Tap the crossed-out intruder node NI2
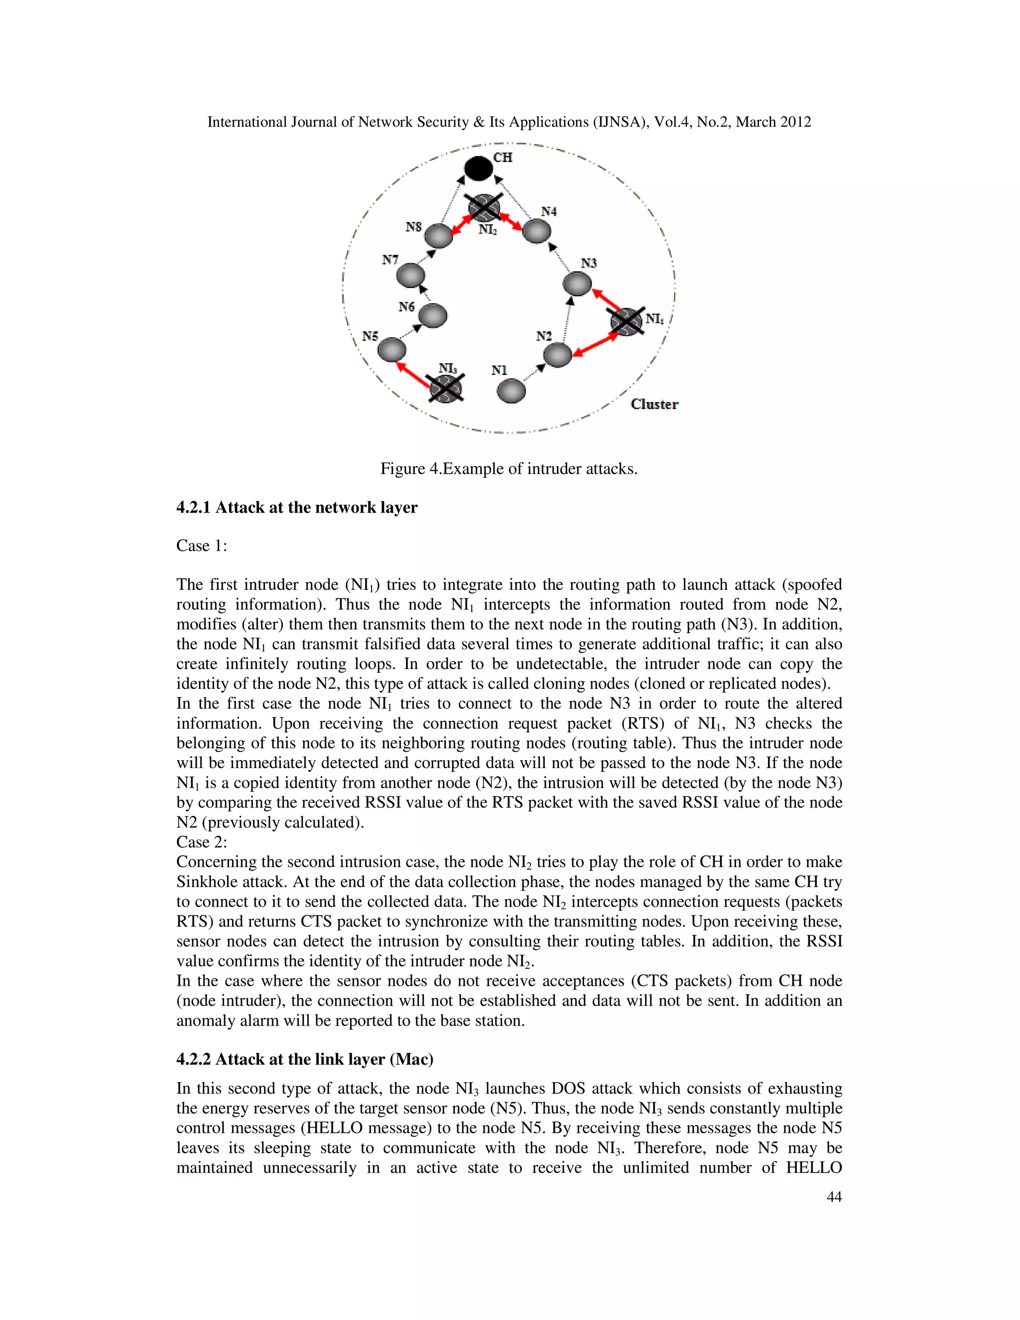pos(484,208)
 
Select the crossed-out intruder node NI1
pos(626,322)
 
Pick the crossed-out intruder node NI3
pos(446,388)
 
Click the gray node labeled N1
pos(510,391)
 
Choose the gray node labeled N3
pos(577,283)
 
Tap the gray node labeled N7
pos(410,275)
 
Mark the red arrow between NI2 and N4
pos(511,222)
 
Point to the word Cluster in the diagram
pos(654,404)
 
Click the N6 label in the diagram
pos(407,307)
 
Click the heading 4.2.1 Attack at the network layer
pos(297,507)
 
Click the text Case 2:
pos(202,842)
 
